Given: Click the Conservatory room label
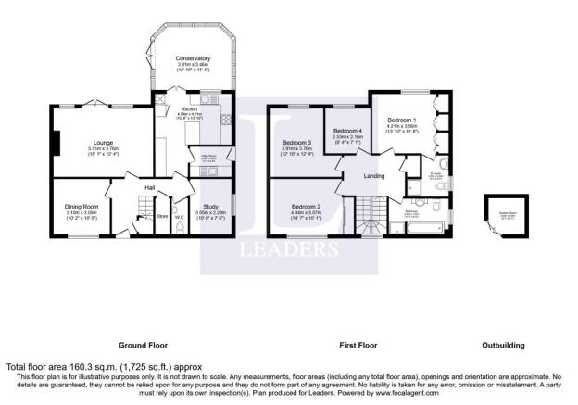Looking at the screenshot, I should (193, 57).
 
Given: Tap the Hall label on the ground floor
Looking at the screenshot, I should (148, 188).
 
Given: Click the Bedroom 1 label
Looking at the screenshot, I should (401, 120).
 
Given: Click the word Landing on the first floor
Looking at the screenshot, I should (374, 175).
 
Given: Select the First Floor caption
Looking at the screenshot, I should (358, 345).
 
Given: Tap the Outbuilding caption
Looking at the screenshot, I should (503, 345).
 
